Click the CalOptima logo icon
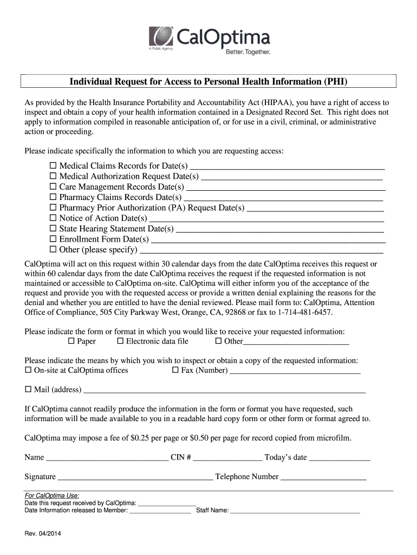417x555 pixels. coord(161,37)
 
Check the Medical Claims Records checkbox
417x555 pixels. coord(53,165)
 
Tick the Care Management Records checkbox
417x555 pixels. coord(53,186)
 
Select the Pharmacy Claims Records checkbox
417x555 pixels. coord(53,197)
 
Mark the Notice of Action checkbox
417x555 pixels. coord(53,218)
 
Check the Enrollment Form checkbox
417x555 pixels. coord(53,238)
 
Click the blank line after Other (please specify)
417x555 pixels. coord(261,250)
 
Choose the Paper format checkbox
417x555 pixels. coord(71,341)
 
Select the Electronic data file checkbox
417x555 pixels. coord(120,341)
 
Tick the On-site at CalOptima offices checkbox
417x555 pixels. coord(28,370)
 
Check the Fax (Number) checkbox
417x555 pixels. coord(175,370)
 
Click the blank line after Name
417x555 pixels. coord(107,457)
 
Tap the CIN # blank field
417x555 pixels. coord(227,457)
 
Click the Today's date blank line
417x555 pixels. coord(339,457)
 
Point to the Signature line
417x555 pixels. coord(135,477)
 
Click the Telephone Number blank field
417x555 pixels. coord(323,477)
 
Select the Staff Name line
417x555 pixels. coord(295,510)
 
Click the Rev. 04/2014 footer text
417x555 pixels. coord(43,534)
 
